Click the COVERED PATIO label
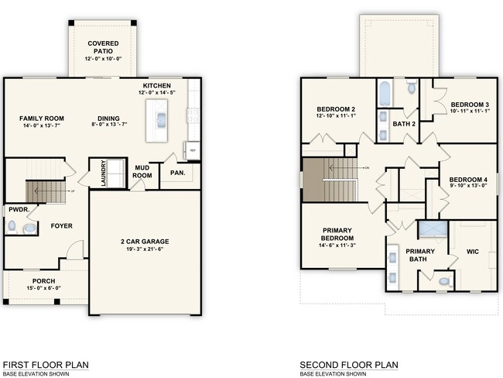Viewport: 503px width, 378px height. tap(102, 48)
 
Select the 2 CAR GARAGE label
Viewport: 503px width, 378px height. tap(144, 242)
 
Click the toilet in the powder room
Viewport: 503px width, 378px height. tap(12, 226)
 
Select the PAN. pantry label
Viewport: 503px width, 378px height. tap(177, 173)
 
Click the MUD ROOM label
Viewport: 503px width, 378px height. tap(142, 172)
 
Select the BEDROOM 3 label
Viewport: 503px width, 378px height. tap(470, 105)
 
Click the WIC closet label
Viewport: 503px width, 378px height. tap(473, 251)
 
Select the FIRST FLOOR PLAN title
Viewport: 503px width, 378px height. tap(46, 364)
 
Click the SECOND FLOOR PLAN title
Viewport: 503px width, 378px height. tap(349, 364)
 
